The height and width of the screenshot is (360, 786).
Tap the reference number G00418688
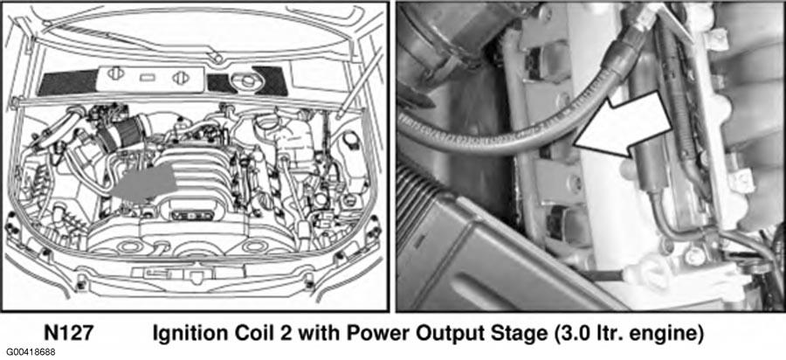(31, 353)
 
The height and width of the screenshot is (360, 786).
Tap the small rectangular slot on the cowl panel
(146, 78)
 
